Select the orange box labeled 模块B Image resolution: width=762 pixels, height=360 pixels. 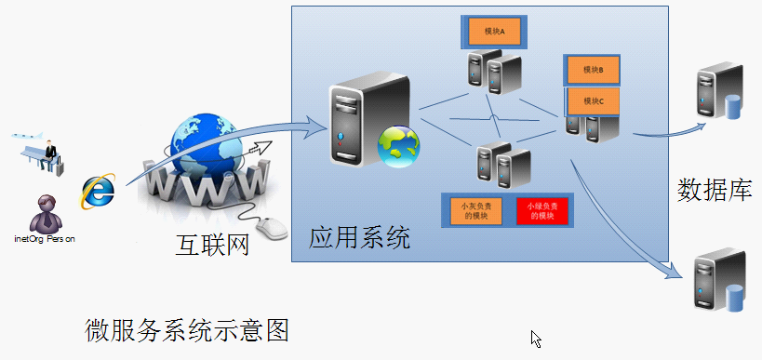(593, 70)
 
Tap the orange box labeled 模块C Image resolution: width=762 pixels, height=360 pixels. (593, 100)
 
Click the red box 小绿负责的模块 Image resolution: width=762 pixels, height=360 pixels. (541, 210)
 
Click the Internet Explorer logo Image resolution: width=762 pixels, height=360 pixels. (98, 191)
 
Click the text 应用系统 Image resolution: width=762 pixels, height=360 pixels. (359, 238)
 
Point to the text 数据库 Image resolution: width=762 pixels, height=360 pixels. (714, 191)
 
